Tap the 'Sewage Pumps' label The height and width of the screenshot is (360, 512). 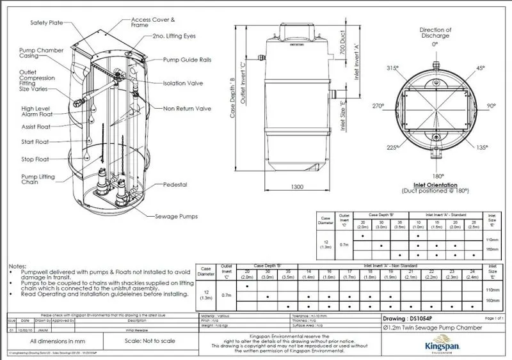pos(177,217)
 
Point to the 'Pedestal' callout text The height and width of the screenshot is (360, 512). pos(175,185)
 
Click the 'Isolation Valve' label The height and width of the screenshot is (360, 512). pos(185,83)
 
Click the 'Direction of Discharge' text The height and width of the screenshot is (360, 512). pos(435,33)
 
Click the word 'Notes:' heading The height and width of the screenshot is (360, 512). pos(18,265)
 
